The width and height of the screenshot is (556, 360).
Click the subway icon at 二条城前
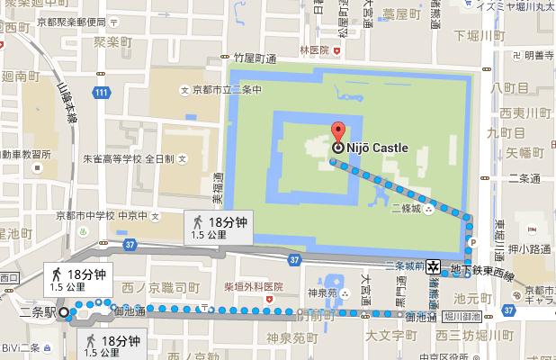coord(434,265)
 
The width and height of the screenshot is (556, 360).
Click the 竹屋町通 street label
coord(253,58)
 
